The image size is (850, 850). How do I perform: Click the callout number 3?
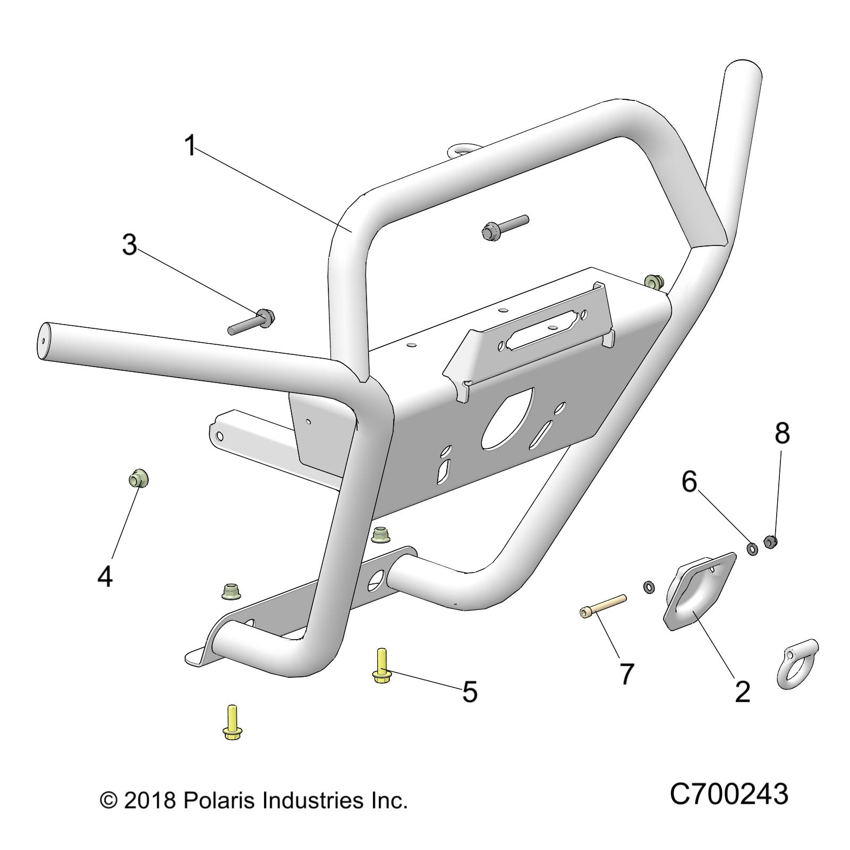tap(130, 245)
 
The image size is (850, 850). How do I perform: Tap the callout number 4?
tap(105, 576)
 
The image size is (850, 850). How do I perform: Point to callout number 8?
tap(782, 433)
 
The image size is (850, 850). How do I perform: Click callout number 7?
tap(627, 674)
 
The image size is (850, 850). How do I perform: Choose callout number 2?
tap(742, 692)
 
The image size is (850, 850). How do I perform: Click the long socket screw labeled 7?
tap(603, 606)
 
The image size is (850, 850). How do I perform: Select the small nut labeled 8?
tap(771, 542)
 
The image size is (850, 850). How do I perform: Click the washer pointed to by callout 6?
tap(752, 548)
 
